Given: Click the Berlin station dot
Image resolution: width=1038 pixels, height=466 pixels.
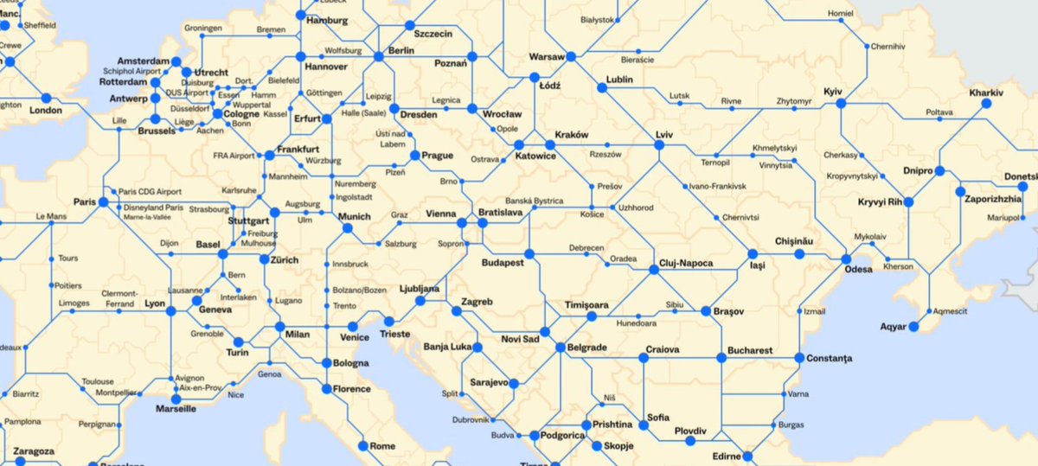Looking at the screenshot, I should [378, 57].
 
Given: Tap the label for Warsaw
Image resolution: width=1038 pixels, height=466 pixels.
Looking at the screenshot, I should [546, 57].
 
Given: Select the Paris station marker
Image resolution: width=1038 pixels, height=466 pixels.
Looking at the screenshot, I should [103, 202].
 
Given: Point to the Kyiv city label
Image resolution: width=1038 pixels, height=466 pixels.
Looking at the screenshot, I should [833, 91].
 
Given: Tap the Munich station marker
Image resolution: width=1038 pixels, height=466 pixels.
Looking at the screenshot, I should [347, 228].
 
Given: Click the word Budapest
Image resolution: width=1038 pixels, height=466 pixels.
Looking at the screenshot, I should [503, 262].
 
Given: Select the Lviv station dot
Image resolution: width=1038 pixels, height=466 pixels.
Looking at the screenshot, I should [659, 146].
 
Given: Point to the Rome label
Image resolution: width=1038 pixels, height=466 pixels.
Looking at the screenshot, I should [381, 446].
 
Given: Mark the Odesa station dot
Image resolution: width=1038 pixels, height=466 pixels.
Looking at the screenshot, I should [846, 259].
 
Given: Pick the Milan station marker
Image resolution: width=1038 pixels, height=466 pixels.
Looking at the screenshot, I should [279, 328].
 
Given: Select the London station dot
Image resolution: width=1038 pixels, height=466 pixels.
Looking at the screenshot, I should [48, 94].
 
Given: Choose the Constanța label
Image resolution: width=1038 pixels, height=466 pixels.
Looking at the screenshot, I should [829, 357].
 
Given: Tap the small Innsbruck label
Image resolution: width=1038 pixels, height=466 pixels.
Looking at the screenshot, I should [350, 263].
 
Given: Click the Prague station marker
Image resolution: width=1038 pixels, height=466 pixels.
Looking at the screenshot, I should [413, 156].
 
